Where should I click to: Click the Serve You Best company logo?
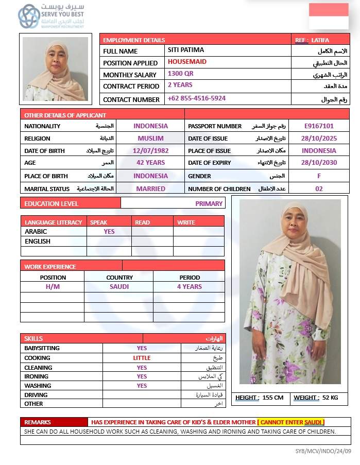[52, 16]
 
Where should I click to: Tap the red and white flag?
[329, 16]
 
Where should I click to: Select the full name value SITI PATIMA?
[186, 50]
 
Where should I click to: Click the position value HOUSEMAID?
[187, 62]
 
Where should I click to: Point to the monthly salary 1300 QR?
[181, 74]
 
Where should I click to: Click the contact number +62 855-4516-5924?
[197, 98]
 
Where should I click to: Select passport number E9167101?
[319, 126]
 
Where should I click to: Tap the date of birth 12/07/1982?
[150, 150]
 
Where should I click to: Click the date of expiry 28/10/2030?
[319, 163]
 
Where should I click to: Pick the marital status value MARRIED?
[150, 188]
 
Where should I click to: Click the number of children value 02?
[319, 188]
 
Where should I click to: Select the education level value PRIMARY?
[209, 203]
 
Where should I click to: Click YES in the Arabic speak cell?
[109, 232]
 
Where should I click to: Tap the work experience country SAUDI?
[119, 287]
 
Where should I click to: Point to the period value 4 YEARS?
[190, 287]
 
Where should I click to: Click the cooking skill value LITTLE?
[142, 358]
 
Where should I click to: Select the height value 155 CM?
[273, 398]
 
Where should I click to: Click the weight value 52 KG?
[330, 398]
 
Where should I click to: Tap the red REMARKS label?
[38, 422]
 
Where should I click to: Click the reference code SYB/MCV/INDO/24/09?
[323, 451]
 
